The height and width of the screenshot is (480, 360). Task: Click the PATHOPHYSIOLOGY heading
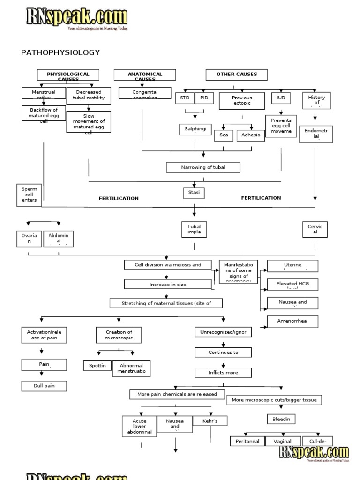tap(60, 52)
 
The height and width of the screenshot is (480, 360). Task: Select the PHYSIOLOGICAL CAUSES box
tap(68, 75)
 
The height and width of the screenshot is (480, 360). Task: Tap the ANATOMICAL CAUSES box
tap(145, 75)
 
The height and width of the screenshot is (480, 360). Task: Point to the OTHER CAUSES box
tap(237, 75)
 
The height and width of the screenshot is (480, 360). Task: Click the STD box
tap(184, 98)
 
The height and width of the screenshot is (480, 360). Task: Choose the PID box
tap(203, 98)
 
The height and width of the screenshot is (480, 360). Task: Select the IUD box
tap(281, 98)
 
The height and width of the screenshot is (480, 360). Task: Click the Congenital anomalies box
tap(145, 93)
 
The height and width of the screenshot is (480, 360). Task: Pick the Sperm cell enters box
tap(29, 195)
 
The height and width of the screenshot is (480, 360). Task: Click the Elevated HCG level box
tap(292, 285)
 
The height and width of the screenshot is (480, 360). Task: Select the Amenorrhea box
tap(292, 322)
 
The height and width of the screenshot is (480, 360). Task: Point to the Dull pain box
tap(44, 386)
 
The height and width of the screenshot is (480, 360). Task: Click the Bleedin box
tap(281, 419)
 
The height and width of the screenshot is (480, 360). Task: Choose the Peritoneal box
tap(247, 441)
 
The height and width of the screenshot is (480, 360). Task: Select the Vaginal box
tap(283, 441)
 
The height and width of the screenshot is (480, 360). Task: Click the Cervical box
tap(315, 230)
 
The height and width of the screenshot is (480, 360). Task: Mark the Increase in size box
tap(167, 284)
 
